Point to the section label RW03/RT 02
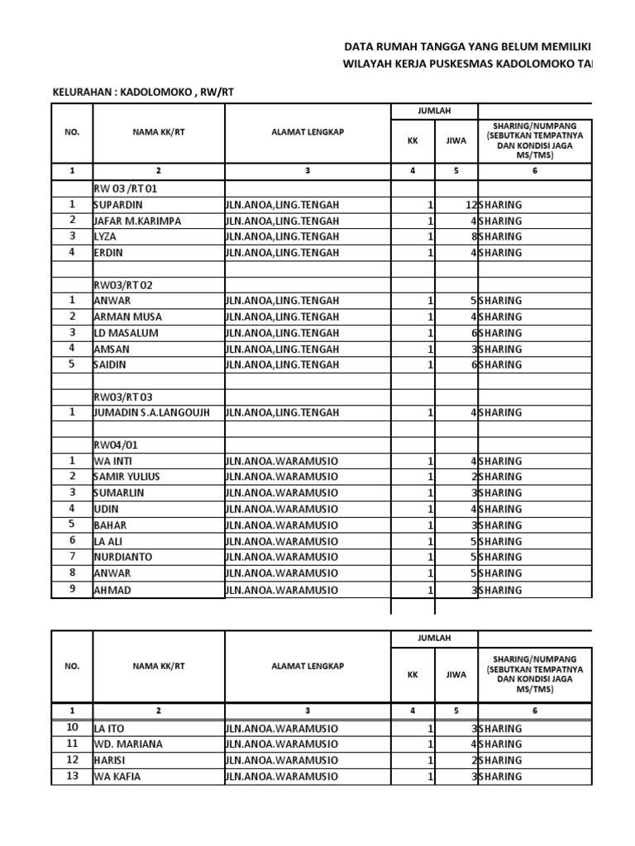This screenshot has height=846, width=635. pos(122,285)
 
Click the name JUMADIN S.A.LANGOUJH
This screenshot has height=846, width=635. pos(151,412)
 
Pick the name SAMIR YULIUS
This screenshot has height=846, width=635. pos(127,477)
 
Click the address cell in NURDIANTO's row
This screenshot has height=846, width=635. pos(281,557)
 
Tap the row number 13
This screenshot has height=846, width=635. pos(72,776)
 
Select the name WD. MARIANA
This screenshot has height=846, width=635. pos(128,744)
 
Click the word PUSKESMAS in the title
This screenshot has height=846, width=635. pos(455,64)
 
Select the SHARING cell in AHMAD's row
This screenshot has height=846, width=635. pos(500,590)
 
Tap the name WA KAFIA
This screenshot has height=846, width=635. pos(117,777)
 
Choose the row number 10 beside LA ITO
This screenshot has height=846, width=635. pos(72,728)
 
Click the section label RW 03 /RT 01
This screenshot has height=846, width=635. pos(124,189)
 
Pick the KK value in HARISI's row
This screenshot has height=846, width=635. pos(430,760)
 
